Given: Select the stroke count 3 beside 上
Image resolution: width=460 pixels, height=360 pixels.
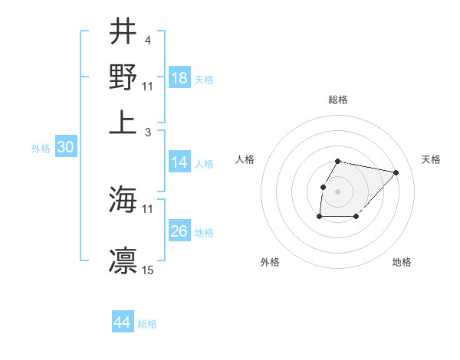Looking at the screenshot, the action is tap(148, 132).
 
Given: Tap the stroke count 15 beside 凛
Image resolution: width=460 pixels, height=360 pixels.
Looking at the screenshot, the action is tap(148, 270).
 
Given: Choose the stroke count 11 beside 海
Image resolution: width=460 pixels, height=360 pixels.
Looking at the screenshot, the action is tap(148, 208).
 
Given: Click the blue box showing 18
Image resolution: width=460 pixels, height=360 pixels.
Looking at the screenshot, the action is tap(179, 77).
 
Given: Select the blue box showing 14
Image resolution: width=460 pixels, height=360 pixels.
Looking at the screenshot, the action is tap(179, 162).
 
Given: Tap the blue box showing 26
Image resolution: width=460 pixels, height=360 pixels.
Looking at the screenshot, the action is tap(179, 231).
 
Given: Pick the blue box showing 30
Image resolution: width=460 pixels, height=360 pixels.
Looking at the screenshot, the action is tap(65, 148).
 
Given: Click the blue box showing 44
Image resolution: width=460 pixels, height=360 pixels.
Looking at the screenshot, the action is tap(123, 322).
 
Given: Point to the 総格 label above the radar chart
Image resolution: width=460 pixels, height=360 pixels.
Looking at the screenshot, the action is tap(338, 100).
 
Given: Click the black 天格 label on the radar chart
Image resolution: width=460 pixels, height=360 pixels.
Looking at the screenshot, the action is tap(431, 159).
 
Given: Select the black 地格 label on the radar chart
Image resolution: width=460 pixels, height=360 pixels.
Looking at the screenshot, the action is tap(402, 262).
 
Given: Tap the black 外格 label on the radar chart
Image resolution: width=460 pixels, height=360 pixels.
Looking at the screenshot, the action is tap(270, 262).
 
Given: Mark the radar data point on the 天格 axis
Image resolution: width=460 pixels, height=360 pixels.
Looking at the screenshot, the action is tap(396, 173).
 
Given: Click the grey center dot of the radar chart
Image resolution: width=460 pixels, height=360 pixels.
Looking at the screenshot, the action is tap(338, 191).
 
